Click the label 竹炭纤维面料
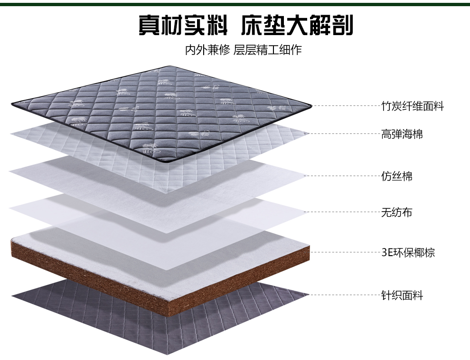412,106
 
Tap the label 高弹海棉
402,134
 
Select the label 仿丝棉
396,176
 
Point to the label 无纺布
396,212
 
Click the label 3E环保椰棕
408,252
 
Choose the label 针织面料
402,295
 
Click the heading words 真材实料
183,25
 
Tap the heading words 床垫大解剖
297,25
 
